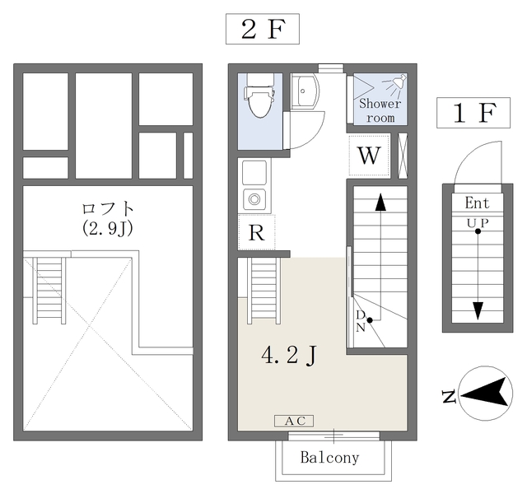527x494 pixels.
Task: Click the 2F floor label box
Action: pyautogui.click(x=263, y=29)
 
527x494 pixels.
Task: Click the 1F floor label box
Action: pyautogui.click(x=473, y=113)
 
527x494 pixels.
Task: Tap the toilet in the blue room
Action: pyautogui.click(x=260, y=96)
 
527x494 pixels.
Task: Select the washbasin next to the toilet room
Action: pyautogui.click(x=305, y=91)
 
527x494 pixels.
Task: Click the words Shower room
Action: pyautogui.click(x=380, y=110)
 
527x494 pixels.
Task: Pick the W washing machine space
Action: pyautogui.click(x=369, y=155)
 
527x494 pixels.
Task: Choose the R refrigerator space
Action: pyautogui.click(x=256, y=232)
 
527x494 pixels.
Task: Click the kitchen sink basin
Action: pyautogui.click(x=254, y=172)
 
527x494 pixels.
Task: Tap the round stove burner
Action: pyautogui.click(x=254, y=199)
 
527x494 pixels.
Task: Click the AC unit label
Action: pyautogui.click(x=294, y=421)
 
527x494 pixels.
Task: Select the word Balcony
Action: pyautogui.click(x=329, y=458)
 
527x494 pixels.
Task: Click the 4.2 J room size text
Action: pyautogui.click(x=289, y=356)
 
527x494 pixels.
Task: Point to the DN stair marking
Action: pyautogui.click(x=361, y=321)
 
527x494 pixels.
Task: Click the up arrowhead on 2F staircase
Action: pyautogui.click(x=380, y=203)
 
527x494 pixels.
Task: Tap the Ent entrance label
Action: pyautogui.click(x=478, y=203)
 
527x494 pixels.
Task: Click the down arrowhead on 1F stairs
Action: pyautogui.click(x=478, y=311)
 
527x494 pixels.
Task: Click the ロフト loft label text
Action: pyautogui.click(x=108, y=208)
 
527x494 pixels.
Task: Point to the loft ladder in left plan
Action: pyautogui.click(x=49, y=291)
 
